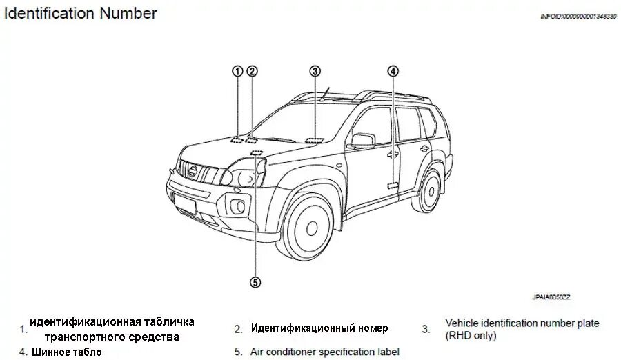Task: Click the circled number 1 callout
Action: (x=237, y=71)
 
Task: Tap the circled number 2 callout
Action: (x=252, y=71)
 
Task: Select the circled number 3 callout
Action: (x=315, y=71)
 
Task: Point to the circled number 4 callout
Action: (x=393, y=71)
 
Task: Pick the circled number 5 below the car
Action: (x=255, y=281)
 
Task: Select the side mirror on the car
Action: (x=362, y=141)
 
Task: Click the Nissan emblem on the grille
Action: (x=193, y=170)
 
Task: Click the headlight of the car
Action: (x=245, y=172)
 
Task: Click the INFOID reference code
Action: (x=578, y=16)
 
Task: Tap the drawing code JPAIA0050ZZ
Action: (x=551, y=297)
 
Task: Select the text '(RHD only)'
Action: (x=471, y=337)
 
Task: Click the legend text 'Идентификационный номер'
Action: (x=319, y=328)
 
